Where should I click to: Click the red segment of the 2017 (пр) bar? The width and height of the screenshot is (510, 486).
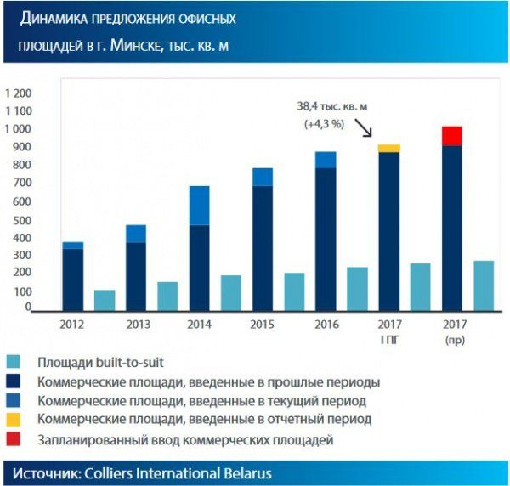pos(452,136)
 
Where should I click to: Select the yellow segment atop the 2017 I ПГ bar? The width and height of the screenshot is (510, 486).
pos(389,149)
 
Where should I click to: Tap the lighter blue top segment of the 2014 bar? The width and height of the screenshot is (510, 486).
pos(199,205)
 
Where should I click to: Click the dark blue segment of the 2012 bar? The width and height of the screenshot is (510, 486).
pos(72,280)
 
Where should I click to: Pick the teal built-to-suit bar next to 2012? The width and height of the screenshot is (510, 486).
pos(105,301)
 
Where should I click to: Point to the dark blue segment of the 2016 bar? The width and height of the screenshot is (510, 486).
pos(326,240)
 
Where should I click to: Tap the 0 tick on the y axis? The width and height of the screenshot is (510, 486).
pos(28,308)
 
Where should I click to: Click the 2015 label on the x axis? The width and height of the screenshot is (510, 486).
pos(263,324)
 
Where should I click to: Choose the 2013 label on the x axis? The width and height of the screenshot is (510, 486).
pos(136,324)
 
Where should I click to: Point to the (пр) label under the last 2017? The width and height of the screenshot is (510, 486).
pos(453,341)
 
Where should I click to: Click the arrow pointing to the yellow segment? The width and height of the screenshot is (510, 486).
pos(364,128)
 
